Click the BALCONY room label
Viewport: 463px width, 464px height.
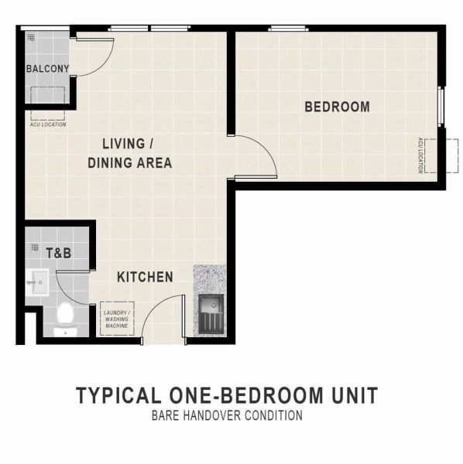pos(47,69)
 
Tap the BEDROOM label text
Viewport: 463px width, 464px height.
pos(337,107)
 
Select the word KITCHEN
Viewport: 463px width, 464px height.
pos(145,277)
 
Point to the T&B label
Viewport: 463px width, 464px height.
pos(59,254)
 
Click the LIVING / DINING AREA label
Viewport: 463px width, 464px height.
pos(130,153)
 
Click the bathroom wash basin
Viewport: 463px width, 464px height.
pos(36,282)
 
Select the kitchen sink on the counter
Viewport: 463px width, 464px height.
pos(211,314)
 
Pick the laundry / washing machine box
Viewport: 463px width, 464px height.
pos(117,319)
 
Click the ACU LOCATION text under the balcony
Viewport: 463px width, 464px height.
pos(48,125)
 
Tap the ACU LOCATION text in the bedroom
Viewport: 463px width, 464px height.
pos(420,155)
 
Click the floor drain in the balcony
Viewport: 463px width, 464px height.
pos(31,37)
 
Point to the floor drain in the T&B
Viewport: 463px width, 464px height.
pos(35,247)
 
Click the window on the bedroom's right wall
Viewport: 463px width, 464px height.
pos(441,107)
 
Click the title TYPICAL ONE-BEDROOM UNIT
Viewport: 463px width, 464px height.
pos(227,395)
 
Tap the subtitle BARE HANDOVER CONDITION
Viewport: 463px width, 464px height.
pos(227,415)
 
